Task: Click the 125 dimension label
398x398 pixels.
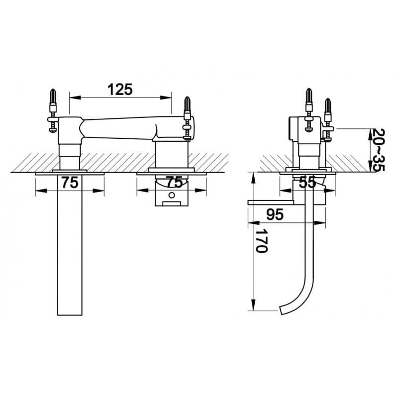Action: click(120, 90)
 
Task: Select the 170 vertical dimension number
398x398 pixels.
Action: click(261, 241)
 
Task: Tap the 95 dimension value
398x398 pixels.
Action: click(275, 215)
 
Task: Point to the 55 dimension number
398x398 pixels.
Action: click(307, 182)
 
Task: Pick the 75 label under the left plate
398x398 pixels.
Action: click(70, 183)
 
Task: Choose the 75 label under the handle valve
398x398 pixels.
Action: click(175, 182)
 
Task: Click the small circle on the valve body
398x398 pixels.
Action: click(172, 195)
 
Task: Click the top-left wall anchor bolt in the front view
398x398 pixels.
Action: click(53, 110)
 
